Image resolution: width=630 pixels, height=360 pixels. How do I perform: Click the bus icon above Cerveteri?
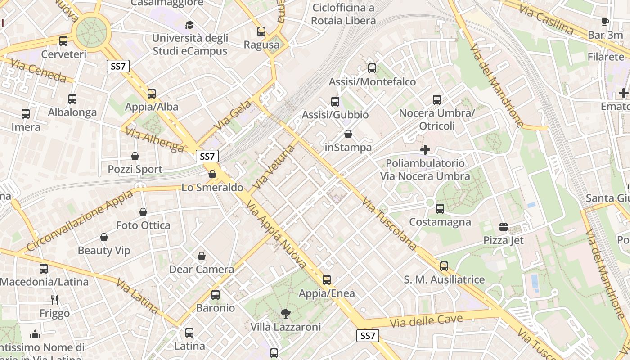coord(63,41)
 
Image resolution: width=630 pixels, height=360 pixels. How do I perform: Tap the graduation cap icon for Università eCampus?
coord(189,24)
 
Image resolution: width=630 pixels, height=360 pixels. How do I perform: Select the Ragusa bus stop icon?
coord(261,31)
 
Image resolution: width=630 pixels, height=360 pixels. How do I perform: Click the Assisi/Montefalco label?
coord(372,82)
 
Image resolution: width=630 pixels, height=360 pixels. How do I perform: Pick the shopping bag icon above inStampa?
coord(348,134)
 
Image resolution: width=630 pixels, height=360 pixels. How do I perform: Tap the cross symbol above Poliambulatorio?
coord(425,149)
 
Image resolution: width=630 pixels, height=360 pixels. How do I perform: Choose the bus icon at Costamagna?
coord(440,209)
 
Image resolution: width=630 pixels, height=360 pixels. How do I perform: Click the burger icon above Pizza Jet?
coord(504,227)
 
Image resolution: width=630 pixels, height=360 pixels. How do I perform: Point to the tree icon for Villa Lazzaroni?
coord(285,313)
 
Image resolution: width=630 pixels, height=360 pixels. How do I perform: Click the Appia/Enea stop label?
coord(327,293)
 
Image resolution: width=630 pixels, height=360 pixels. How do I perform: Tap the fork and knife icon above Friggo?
coord(54,300)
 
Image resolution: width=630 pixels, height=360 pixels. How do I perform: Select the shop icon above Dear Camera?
coord(202,256)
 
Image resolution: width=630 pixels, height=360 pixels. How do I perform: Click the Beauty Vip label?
coord(104,251)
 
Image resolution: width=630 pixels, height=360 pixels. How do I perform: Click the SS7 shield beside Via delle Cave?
coord(368,336)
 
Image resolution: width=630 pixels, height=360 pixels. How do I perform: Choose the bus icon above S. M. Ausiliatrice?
coord(444,266)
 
